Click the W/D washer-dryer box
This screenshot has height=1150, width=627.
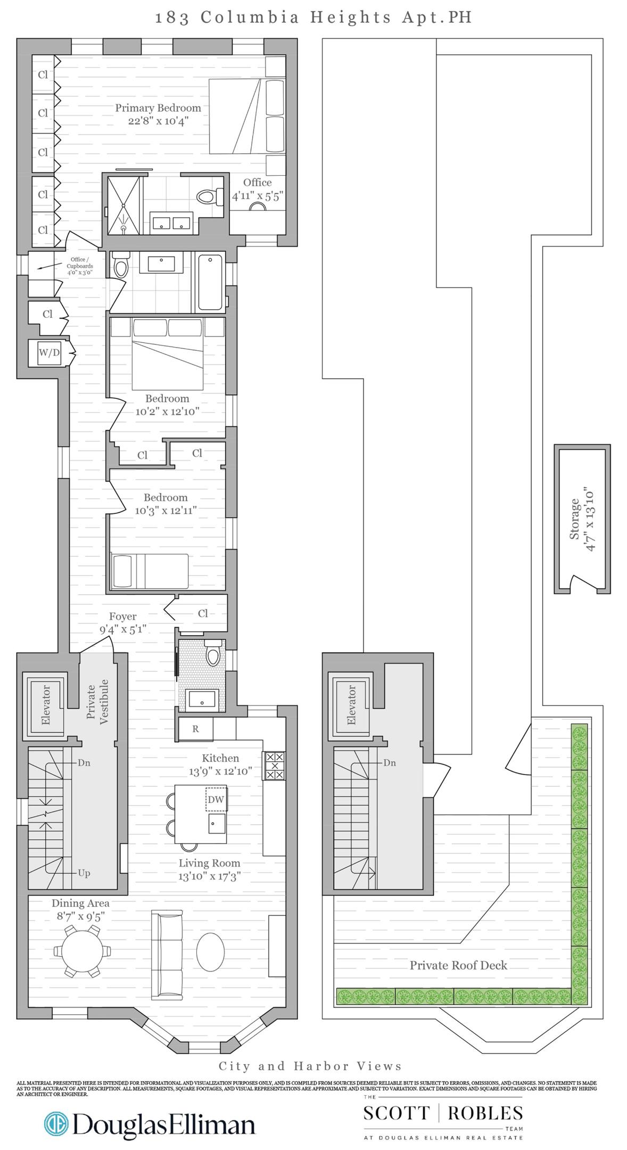click(x=49, y=352)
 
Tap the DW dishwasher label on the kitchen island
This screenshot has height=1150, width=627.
click(x=216, y=799)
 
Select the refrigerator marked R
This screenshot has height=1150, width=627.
click(x=195, y=729)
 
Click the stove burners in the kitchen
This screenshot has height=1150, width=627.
click(x=275, y=766)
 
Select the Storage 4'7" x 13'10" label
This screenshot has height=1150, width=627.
click(x=583, y=519)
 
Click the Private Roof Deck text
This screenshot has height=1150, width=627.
click(x=458, y=965)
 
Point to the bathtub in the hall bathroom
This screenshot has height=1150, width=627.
click(x=210, y=282)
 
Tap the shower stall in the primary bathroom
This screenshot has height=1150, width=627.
click(x=124, y=205)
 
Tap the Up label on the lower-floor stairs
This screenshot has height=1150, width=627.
click(x=84, y=873)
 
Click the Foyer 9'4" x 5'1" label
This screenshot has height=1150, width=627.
click(x=123, y=622)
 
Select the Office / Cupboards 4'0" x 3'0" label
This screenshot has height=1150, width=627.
click(x=80, y=266)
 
